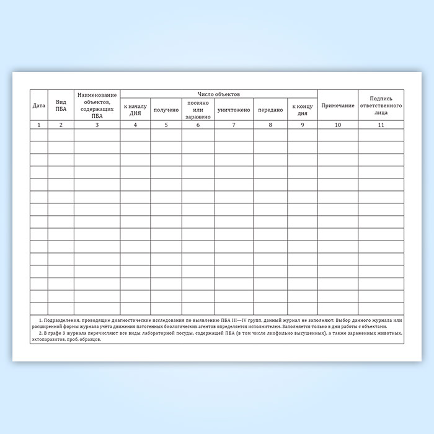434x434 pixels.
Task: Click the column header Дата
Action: click(39, 105)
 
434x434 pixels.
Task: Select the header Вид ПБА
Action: click(61, 105)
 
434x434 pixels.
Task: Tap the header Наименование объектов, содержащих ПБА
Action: click(97, 105)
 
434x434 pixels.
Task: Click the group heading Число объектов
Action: click(219, 94)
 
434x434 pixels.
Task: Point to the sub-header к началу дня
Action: click(135, 110)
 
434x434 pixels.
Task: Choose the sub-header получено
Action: click(166, 110)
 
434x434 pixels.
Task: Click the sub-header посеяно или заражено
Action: click(198, 110)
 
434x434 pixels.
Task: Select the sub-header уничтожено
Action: click(234, 110)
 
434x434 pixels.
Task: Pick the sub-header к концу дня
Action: click(302, 110)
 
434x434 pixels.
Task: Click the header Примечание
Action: click(337, 105)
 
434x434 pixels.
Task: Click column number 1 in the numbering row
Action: click(39, 125)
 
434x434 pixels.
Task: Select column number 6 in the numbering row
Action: click(198, 125)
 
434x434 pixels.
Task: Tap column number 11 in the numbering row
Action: click(381, 125)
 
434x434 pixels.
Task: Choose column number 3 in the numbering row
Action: click(97, 125)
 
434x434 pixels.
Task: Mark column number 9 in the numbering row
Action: click(302, 125)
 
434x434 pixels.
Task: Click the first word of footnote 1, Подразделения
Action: click(58, 321)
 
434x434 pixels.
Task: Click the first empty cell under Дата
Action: click(39, 135)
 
